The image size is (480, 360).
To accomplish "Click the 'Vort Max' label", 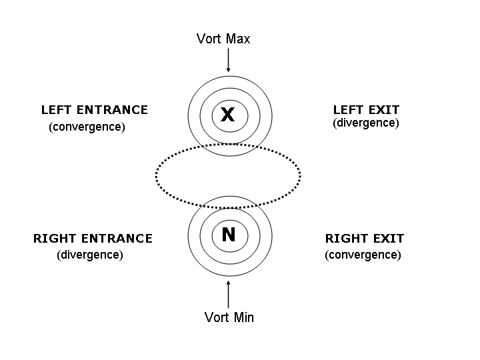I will (223, 39).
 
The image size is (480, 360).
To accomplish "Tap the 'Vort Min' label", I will (229, 317).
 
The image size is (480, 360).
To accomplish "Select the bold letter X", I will (228, 115).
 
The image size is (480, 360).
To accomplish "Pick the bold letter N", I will (229, 235).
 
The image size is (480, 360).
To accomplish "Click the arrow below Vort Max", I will (229, 61).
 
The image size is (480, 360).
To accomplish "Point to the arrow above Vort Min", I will (229, 293).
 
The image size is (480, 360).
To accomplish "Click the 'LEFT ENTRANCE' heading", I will (94, 110).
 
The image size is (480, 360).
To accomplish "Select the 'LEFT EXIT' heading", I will (366, 110).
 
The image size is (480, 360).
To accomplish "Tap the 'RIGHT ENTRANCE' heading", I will (93, 239).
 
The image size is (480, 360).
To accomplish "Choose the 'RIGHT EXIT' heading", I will (365, 239).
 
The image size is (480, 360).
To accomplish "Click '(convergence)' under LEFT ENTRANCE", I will (87, 127).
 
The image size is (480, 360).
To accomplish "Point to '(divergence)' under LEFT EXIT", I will (365, 123).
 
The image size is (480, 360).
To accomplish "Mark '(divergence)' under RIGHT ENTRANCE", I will (90, 255).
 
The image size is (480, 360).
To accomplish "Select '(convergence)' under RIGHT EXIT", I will (363, 255).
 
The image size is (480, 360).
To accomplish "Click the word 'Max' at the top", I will (237, 39).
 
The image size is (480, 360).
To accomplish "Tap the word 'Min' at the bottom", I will (242, 317).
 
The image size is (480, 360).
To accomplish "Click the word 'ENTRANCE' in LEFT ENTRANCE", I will (115, 110).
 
